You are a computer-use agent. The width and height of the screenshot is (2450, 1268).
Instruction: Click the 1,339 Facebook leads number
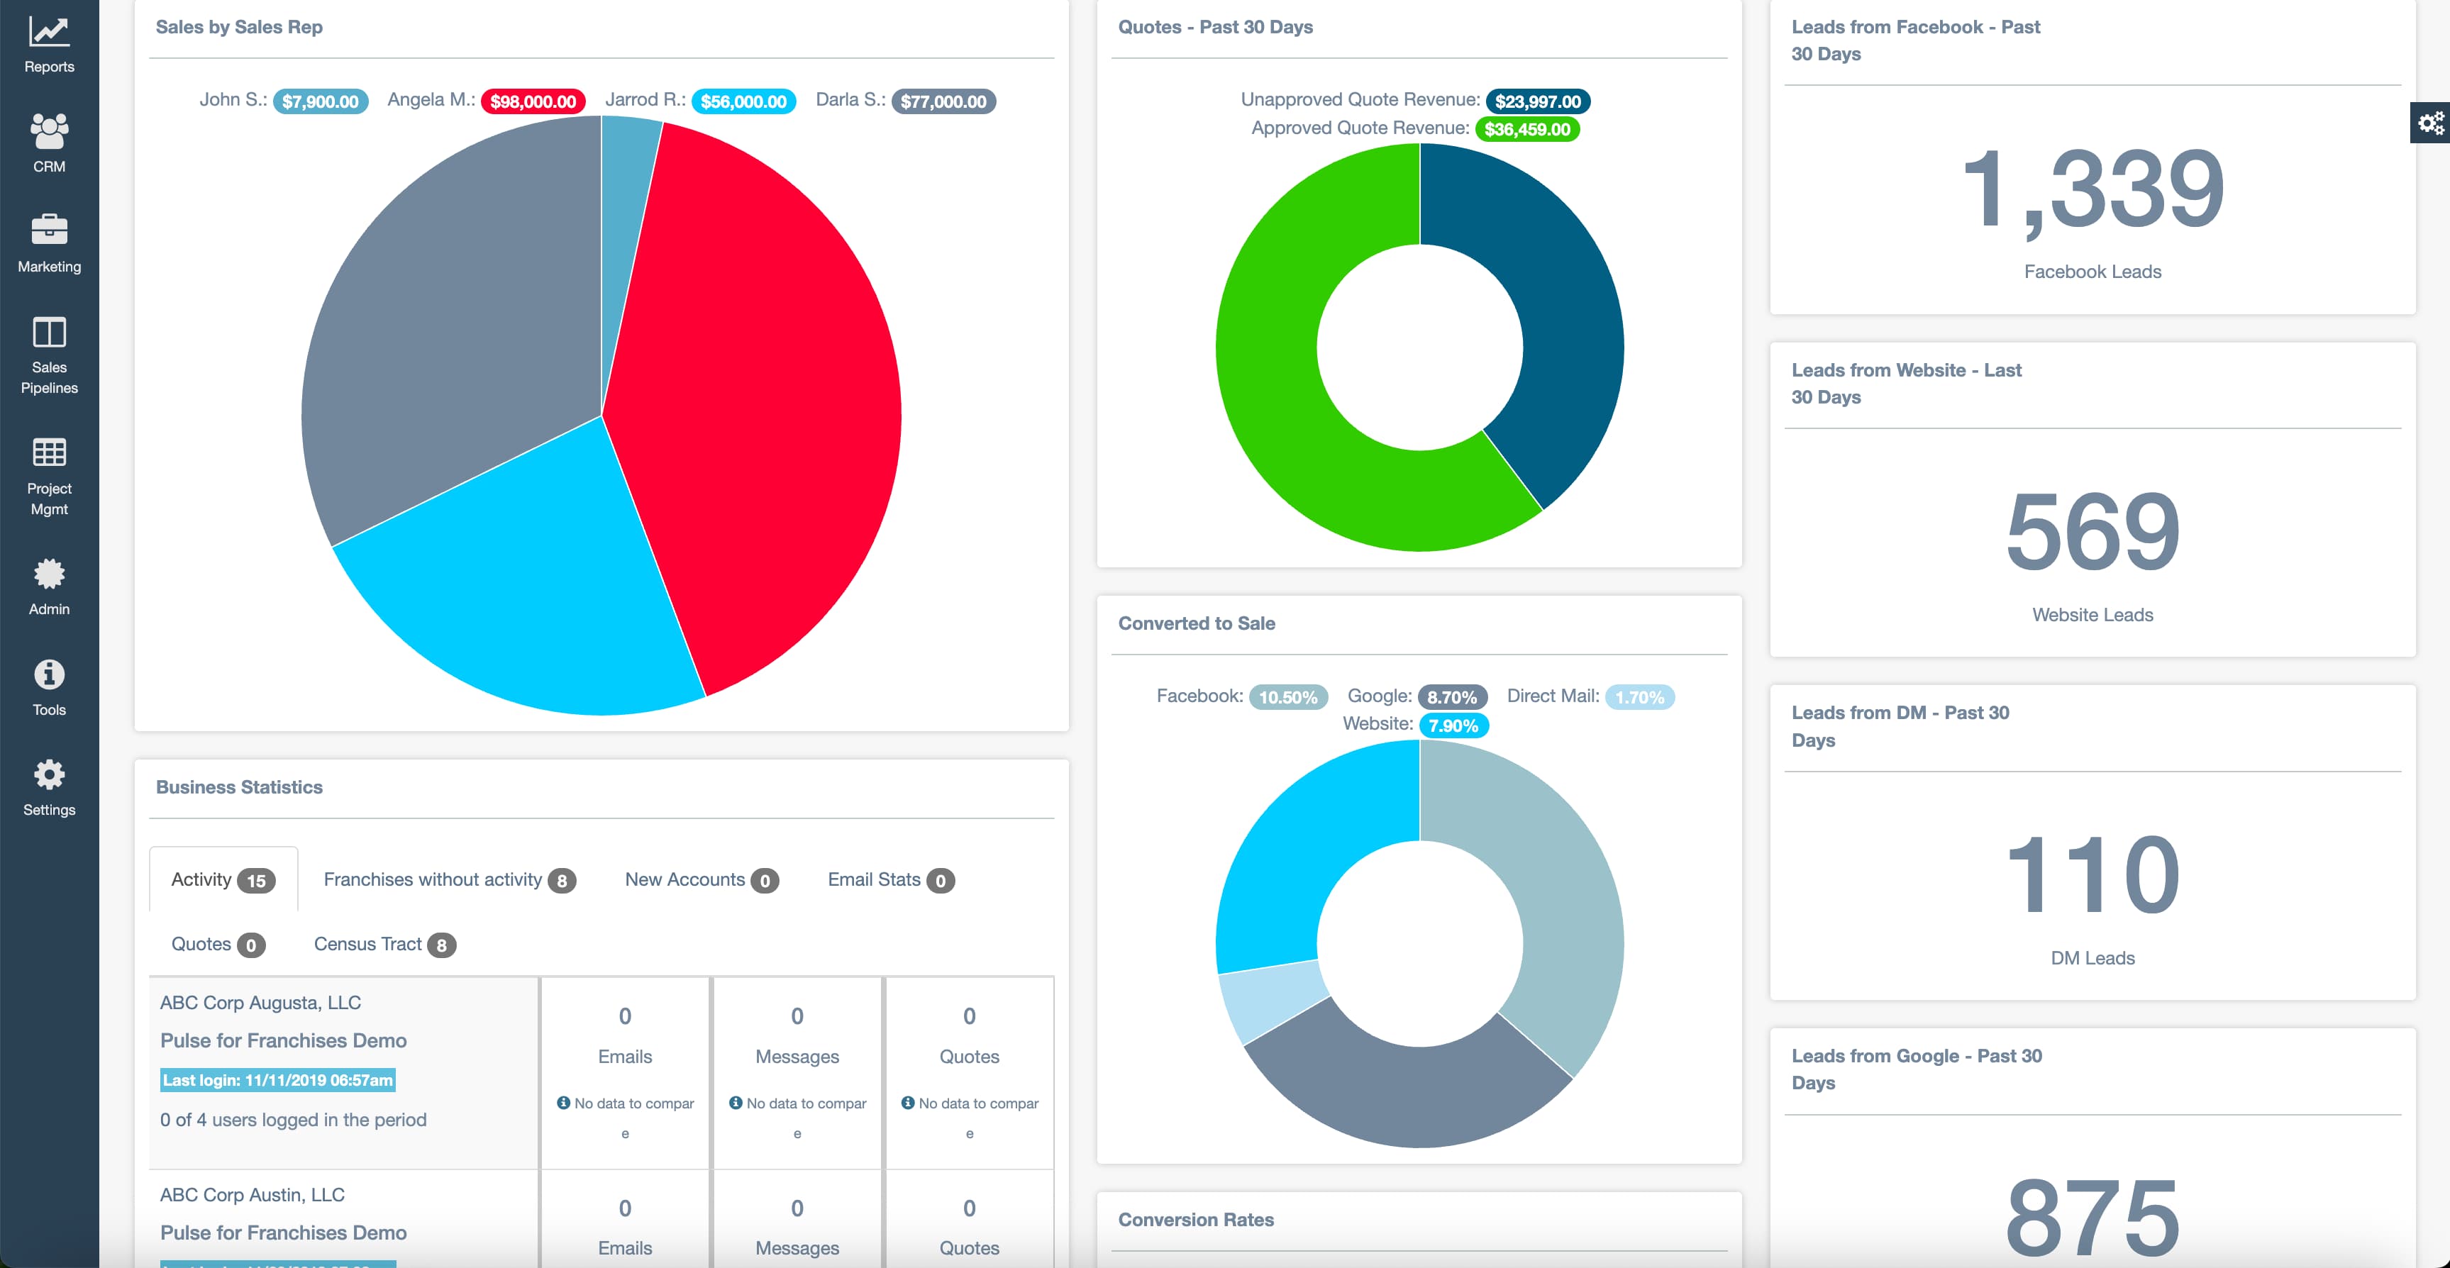click(x=2093, y=189)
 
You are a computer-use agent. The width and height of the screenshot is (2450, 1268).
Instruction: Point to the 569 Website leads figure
click(x=2093, y=532)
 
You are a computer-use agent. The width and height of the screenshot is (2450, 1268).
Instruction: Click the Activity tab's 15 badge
click(x=256, y=881)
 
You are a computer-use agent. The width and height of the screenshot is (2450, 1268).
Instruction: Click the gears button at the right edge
click(x=2430, y=123)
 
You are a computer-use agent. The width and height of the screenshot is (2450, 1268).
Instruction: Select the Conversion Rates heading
click(x=1195, y=1220)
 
